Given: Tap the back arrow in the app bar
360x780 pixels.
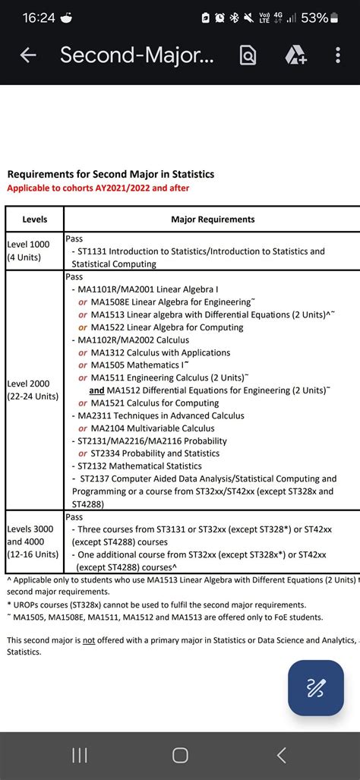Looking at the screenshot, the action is (28, 55).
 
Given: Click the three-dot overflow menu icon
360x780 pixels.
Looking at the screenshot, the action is (338, 55).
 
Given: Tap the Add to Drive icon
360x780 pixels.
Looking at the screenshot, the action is (295, 55).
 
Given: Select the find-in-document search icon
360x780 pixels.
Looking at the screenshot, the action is (248, 55).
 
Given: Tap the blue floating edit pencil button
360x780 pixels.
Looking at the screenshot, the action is (315, 688).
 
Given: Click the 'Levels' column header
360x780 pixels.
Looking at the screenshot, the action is (35, 219).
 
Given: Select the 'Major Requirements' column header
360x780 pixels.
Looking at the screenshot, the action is (213, 219).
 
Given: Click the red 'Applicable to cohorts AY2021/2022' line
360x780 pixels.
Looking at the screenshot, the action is (98, 188).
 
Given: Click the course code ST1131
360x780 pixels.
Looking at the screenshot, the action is (93, 251).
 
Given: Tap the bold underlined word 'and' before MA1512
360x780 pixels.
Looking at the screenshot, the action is (96, 390).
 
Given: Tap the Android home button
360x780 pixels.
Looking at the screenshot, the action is (180, 755).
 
